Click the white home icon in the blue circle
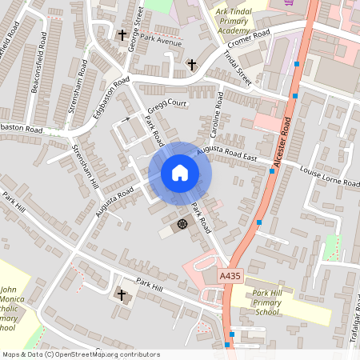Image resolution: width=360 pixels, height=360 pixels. coord(180,173)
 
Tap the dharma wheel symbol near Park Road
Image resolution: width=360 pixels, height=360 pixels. coord(182,224)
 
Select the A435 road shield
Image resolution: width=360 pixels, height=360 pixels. coord(230,276)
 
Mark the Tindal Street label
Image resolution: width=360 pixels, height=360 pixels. coord(238,70)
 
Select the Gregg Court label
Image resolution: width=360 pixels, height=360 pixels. coord(166,105)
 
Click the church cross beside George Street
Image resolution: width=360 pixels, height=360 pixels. coord(122,35)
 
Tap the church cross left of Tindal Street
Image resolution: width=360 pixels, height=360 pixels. coord(191,63)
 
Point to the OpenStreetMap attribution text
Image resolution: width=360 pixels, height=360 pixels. coord(81,354)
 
